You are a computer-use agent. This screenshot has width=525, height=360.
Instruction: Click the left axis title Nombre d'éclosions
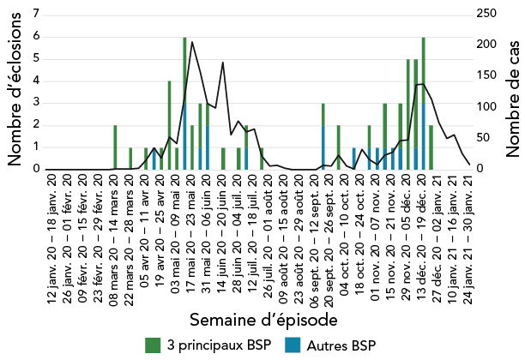[15, 87]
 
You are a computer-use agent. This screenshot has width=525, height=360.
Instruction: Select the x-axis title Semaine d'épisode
[262, 319]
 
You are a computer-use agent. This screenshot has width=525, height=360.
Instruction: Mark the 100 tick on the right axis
[486, 107]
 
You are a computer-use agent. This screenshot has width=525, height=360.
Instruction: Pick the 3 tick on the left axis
[36, 103]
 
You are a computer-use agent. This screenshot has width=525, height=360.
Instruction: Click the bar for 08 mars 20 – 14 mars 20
[115, 147]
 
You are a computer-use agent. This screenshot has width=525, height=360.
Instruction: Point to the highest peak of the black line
[192, 41]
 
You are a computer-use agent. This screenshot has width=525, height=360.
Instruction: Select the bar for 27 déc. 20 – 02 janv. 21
[431, 147]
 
